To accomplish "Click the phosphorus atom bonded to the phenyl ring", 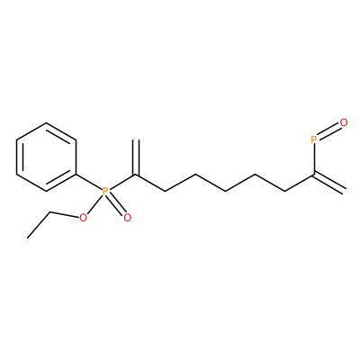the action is (105, 191).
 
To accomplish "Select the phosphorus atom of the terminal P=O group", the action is (314, 139).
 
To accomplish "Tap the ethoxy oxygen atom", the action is (83, 218).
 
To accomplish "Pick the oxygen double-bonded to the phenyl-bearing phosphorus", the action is (128, 218).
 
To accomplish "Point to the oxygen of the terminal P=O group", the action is (344, 122).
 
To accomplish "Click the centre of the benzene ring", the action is (46, 157).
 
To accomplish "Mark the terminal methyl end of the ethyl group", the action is (28, 238).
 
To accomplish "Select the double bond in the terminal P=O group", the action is (328, 131).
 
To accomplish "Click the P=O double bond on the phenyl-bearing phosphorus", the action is (116, 204).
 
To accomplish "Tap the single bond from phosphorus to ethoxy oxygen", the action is (94, 204).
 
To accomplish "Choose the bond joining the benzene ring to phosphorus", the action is (89, 182).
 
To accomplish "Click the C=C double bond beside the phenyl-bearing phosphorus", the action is (136, 157).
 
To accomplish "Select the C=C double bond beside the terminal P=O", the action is (329, 183).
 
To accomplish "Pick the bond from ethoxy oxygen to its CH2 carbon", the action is (65, 214).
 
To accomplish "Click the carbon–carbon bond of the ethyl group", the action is (39, 225).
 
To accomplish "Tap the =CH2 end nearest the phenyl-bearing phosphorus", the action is (136, 139).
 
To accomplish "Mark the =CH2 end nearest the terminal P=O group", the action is (344, 191).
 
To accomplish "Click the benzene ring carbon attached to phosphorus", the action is (76, 174).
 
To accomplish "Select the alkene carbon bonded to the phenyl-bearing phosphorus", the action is (136, 174).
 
